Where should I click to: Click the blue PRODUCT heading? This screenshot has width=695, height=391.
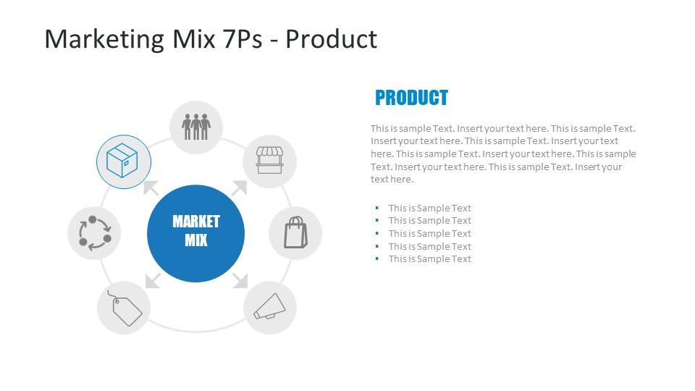pyautogui.click(x=411, y=98)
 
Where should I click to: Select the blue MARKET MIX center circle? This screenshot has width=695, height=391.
pyautogui.click(x=195, y=233)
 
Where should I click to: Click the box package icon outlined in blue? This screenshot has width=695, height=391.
pyautogui.click(x=123, y=161)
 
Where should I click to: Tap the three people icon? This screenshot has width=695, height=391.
pyautogui.click(x=195, y=127)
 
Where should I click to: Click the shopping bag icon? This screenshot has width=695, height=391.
pyautogui.click(x=295, y=233)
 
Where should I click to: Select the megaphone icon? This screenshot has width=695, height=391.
pyautogui.click(x=269, y=308)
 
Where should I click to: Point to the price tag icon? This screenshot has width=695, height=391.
pyautogui.click(x=124, y=308)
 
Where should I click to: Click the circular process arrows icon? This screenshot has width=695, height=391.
pyautogui.click(x=94, y=233)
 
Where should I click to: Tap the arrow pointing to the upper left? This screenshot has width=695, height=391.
pyautogui.click(x=151, y=188)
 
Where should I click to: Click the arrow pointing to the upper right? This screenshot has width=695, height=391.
pyautogui.click(x=240, y=188)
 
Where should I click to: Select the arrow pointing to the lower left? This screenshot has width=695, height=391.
pyautogui.click(x=152, y=280)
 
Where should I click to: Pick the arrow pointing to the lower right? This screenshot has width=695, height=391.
pyautogui.click(x=240, y=280)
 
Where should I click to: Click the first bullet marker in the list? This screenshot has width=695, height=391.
pyautogui.click(x=377, y=208)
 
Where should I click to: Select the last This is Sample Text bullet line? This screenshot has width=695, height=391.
pyautogui.click(x=429, y=259)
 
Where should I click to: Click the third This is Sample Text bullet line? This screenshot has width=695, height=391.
pyautogui.click(x=429, y=233)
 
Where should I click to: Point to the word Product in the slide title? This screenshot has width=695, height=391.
pyautogui.click(x=331, y=39)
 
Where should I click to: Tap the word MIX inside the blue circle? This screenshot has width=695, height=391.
pyautogui.click(x=195, y=240)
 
